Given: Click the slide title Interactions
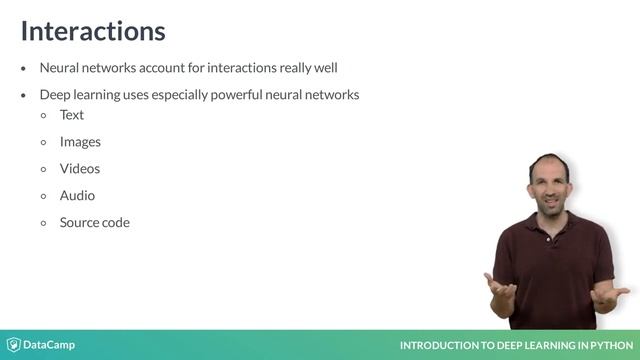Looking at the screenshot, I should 92,31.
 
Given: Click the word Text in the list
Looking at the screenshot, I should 71,115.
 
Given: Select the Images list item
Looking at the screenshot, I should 80,142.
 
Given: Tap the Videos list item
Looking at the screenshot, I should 80,169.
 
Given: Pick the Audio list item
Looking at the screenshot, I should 77,196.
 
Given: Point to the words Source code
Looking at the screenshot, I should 94,222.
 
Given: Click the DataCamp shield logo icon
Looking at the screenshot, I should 14,345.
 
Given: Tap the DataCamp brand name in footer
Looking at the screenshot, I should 50,345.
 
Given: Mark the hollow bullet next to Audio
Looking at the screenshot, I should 43,196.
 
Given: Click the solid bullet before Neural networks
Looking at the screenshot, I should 24,69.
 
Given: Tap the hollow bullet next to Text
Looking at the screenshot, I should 43,115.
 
